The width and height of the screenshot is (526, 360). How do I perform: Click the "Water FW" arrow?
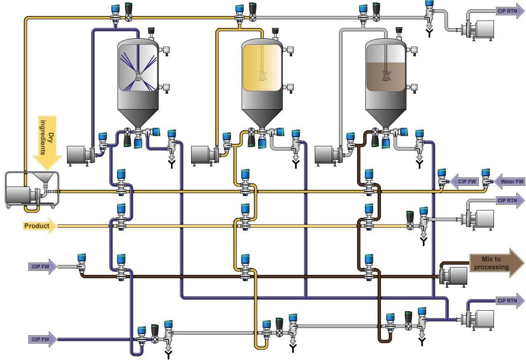(510, 181)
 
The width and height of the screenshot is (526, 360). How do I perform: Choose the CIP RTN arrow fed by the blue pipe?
(510, 300)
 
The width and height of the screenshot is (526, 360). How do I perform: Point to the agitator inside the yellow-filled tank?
(262, 75)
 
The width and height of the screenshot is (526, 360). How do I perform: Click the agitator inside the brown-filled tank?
(386, 74)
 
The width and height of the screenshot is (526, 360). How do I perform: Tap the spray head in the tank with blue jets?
(138, 75)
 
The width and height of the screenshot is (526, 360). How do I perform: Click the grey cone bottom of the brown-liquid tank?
(385, 117)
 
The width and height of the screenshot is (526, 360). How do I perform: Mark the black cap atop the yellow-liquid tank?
(275, 31)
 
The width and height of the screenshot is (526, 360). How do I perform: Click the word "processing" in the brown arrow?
(491, 267)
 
